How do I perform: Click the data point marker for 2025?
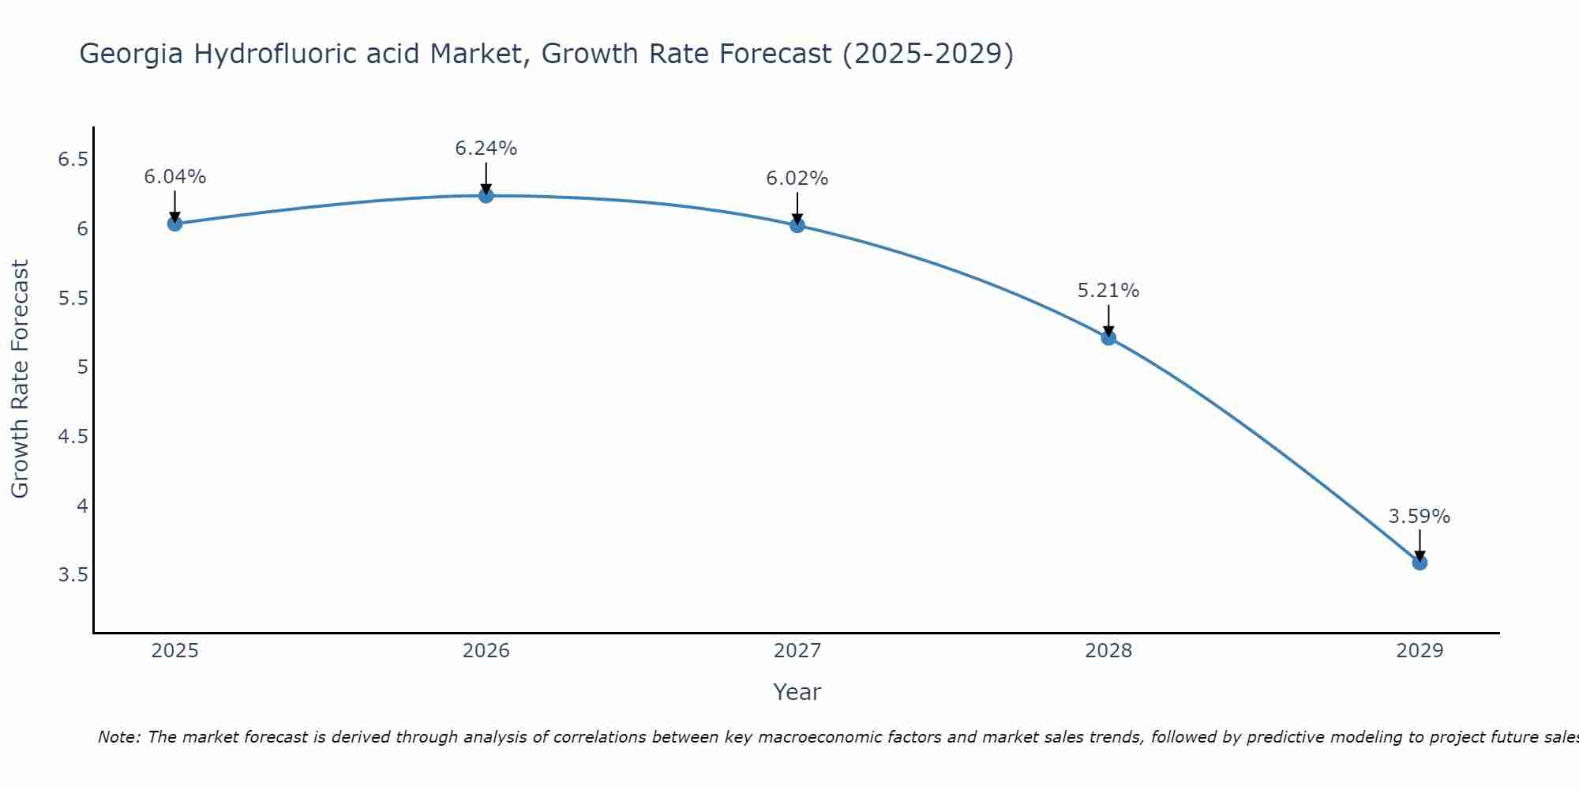[175, 224]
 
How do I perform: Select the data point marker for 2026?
[486, 195]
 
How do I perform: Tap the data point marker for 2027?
[797, 225]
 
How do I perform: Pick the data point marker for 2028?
[1108, 338]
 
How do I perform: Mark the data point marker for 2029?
[1420, 562]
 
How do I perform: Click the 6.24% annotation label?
[486, 149]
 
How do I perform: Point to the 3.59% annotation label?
[1420, 517]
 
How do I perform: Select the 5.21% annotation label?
[1108, 291]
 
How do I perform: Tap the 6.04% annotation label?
[175, 177]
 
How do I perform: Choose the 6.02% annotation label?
[797, 179]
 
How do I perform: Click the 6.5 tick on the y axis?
[73, 160]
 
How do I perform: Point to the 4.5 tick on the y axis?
[73, 436]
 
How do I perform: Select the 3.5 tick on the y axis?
[73, 574]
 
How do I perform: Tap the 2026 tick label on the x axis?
[486, 651]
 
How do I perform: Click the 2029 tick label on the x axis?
[1420, 651]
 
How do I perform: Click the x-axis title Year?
[797, 692]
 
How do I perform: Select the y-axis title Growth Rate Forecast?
[21, 379]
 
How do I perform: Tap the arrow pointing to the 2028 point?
[1108, 320]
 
